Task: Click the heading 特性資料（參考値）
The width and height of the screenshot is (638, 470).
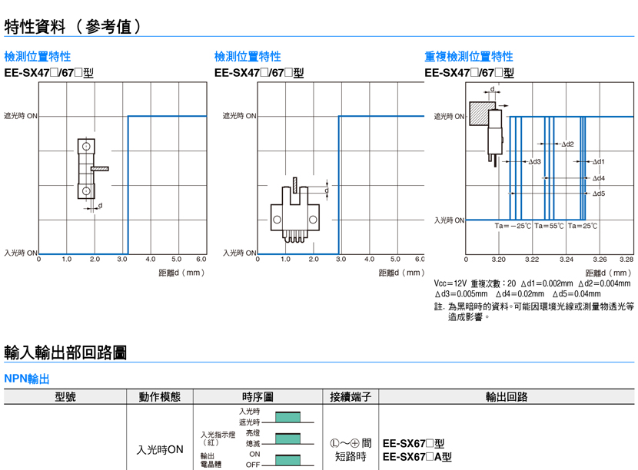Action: [x=74, y=26]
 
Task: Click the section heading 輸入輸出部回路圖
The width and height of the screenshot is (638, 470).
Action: [x=65, y=352]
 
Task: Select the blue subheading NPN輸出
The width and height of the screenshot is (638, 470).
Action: [x=27, y=379]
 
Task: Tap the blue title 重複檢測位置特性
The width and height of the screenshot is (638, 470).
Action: [x=468, y=56]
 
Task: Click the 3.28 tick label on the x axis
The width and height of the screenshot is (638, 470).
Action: [x=626, y=260]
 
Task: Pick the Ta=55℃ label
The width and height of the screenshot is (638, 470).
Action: [x=550, y=227]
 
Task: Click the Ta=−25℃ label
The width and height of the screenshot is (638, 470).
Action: [x=513, y=227]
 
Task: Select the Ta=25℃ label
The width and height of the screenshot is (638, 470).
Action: [x=583, y=227]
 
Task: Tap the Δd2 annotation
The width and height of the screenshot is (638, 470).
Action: [x=567, y=144]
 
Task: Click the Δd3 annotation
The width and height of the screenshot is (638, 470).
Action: [x=534, y=162]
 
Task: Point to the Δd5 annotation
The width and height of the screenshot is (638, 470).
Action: [x=598, y=194]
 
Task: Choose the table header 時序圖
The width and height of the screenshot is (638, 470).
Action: [x=258, y=397]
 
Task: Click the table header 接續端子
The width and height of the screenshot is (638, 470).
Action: [x=351, y=397]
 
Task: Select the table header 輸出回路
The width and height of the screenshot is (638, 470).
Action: [x=507, y=397]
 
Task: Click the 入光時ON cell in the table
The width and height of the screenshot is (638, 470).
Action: [x=160, y=449]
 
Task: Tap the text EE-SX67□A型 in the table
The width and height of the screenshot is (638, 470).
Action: [x=417, y=456]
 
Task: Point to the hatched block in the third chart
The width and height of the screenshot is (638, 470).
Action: [x=481, y=115]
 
